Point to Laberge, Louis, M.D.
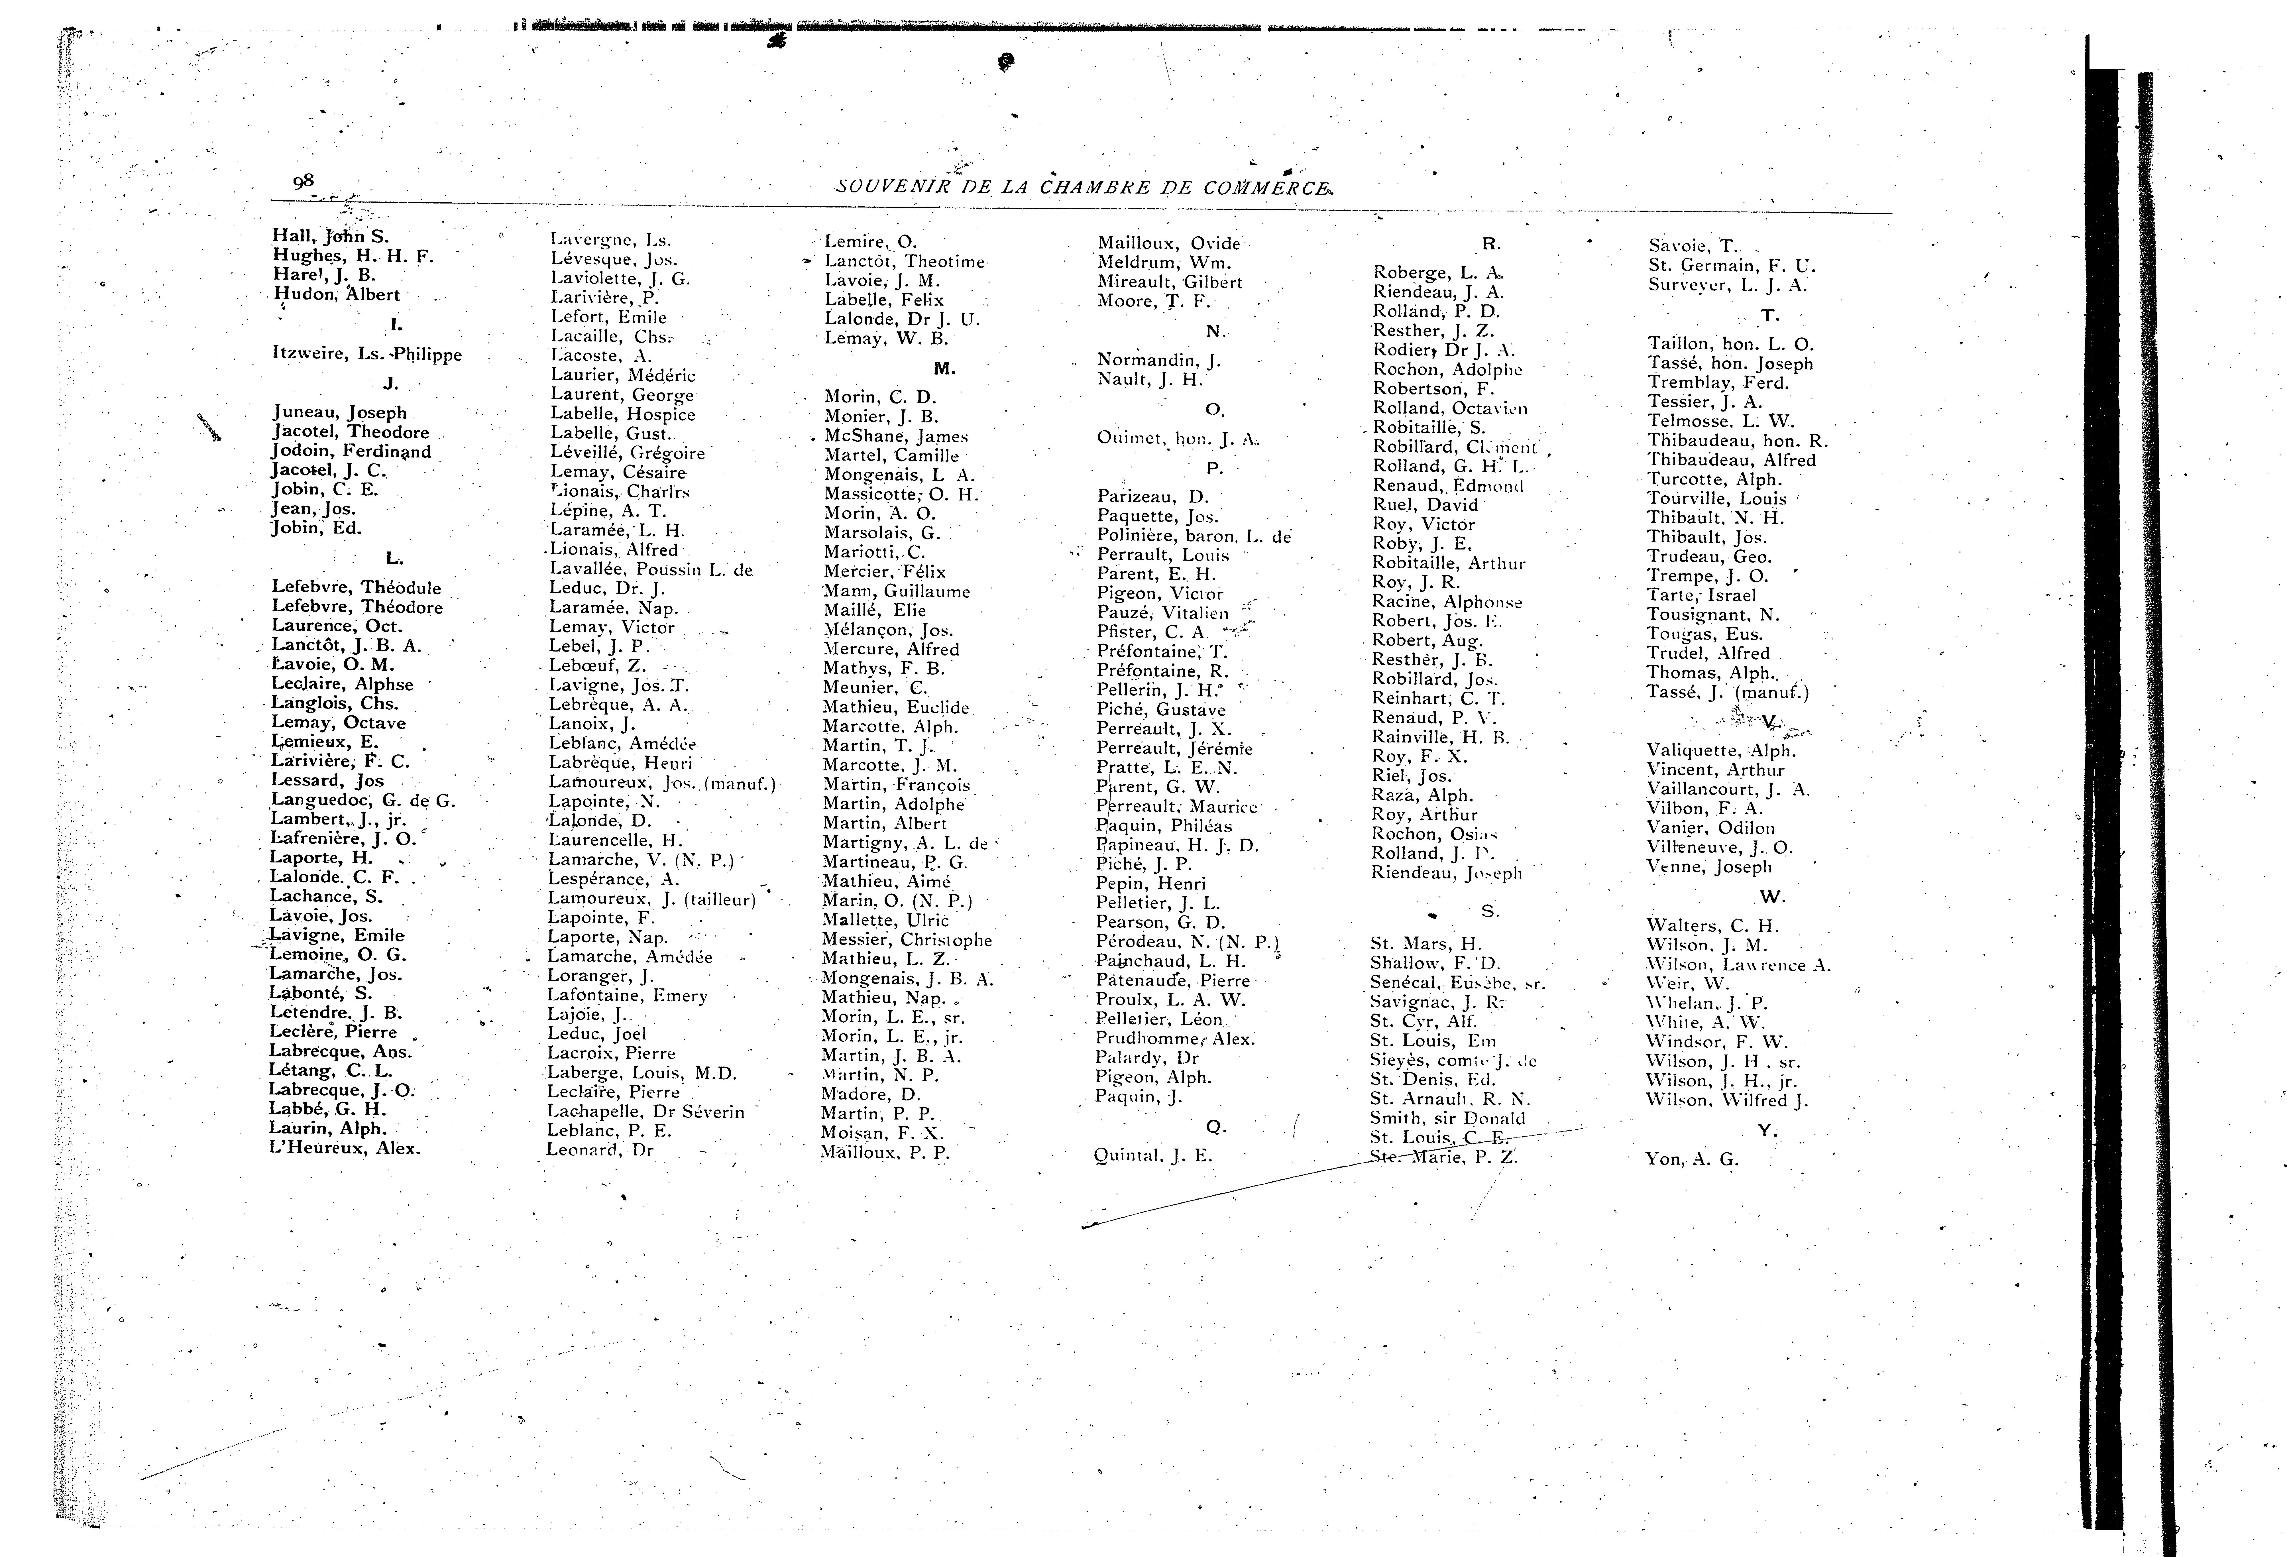pos(641,1073)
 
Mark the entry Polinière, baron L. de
pos(1193,536)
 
